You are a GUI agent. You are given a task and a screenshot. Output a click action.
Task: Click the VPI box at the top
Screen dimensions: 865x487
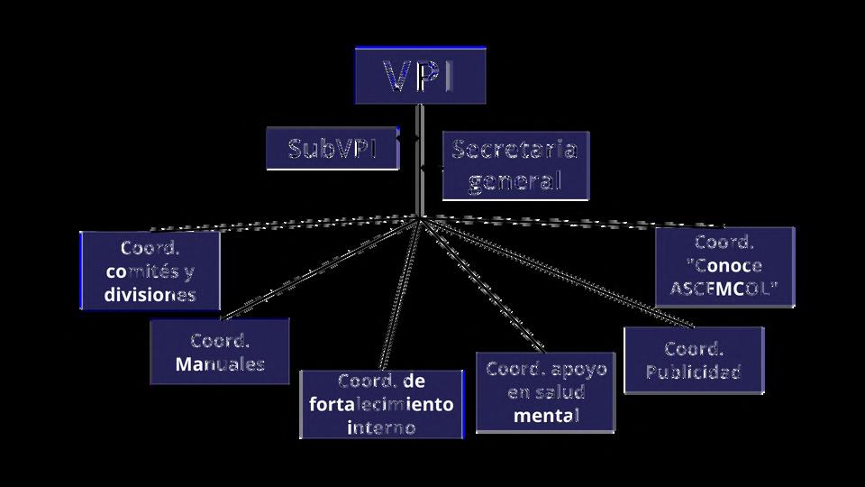click(420, 76)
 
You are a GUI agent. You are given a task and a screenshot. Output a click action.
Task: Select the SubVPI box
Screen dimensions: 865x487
click(332, 149)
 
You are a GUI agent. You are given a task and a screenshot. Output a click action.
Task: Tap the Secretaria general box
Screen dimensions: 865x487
click(514, 165)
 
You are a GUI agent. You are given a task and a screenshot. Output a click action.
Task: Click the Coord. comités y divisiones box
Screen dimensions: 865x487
click(150, 271)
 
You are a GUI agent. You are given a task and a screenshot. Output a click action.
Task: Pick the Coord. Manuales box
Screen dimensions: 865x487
click(220, 352)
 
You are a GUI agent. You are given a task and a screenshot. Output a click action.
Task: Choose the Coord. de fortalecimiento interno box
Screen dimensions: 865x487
click(381, 404)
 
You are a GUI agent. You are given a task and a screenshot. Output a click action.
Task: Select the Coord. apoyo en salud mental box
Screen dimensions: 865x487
click(546, 392)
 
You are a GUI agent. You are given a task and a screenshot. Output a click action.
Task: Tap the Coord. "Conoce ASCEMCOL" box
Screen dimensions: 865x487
click(724, 267)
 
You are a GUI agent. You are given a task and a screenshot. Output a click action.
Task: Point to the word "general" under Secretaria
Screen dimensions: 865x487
click(515, 180)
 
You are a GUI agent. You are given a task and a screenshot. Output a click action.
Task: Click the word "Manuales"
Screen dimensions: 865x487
click(220, 364)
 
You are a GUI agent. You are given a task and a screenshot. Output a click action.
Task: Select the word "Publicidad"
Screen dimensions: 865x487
click(694, 372)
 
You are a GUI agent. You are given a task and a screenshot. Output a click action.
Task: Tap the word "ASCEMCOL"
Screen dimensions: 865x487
click(724, 289)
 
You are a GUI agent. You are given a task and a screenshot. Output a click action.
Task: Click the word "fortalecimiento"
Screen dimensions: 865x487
click(381, 404)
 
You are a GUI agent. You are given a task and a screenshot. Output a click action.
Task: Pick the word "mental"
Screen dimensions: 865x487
click(546, 416)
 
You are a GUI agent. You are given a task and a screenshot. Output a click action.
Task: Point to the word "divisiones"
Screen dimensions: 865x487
click(150, 295)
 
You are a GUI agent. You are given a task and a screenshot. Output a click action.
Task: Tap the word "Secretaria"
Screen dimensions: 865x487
click(514, 150)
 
